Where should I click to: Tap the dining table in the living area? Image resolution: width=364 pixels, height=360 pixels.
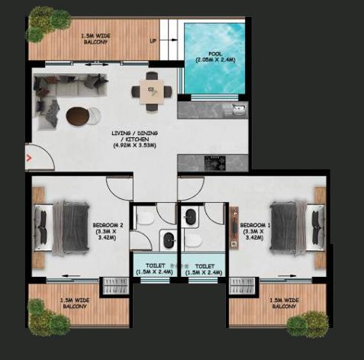pos(152,92)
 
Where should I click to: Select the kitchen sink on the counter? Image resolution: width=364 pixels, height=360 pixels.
pos(239,110)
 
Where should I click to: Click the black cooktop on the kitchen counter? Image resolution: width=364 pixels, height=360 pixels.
pos(215,163)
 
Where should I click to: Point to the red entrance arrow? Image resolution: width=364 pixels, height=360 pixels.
pos(29,158)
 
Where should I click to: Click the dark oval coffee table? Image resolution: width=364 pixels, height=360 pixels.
pos(76,117)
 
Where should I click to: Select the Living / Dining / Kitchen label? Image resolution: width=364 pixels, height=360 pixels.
pos(134,140)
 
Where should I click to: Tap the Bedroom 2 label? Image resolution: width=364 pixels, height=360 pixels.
pos(108,231)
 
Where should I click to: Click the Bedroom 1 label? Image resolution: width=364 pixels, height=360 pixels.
pos(255,231)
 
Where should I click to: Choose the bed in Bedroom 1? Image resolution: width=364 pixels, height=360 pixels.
pos(298,228)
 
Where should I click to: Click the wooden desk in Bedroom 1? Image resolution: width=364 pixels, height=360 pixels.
pos(234,227)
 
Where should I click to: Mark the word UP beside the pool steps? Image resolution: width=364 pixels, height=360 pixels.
pos(153,40)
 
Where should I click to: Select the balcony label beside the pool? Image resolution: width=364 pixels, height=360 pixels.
pos(95,39)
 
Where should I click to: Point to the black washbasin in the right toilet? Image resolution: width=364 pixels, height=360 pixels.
pos(190,217)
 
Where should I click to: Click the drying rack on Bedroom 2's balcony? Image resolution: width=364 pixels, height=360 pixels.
pos(115,286)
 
